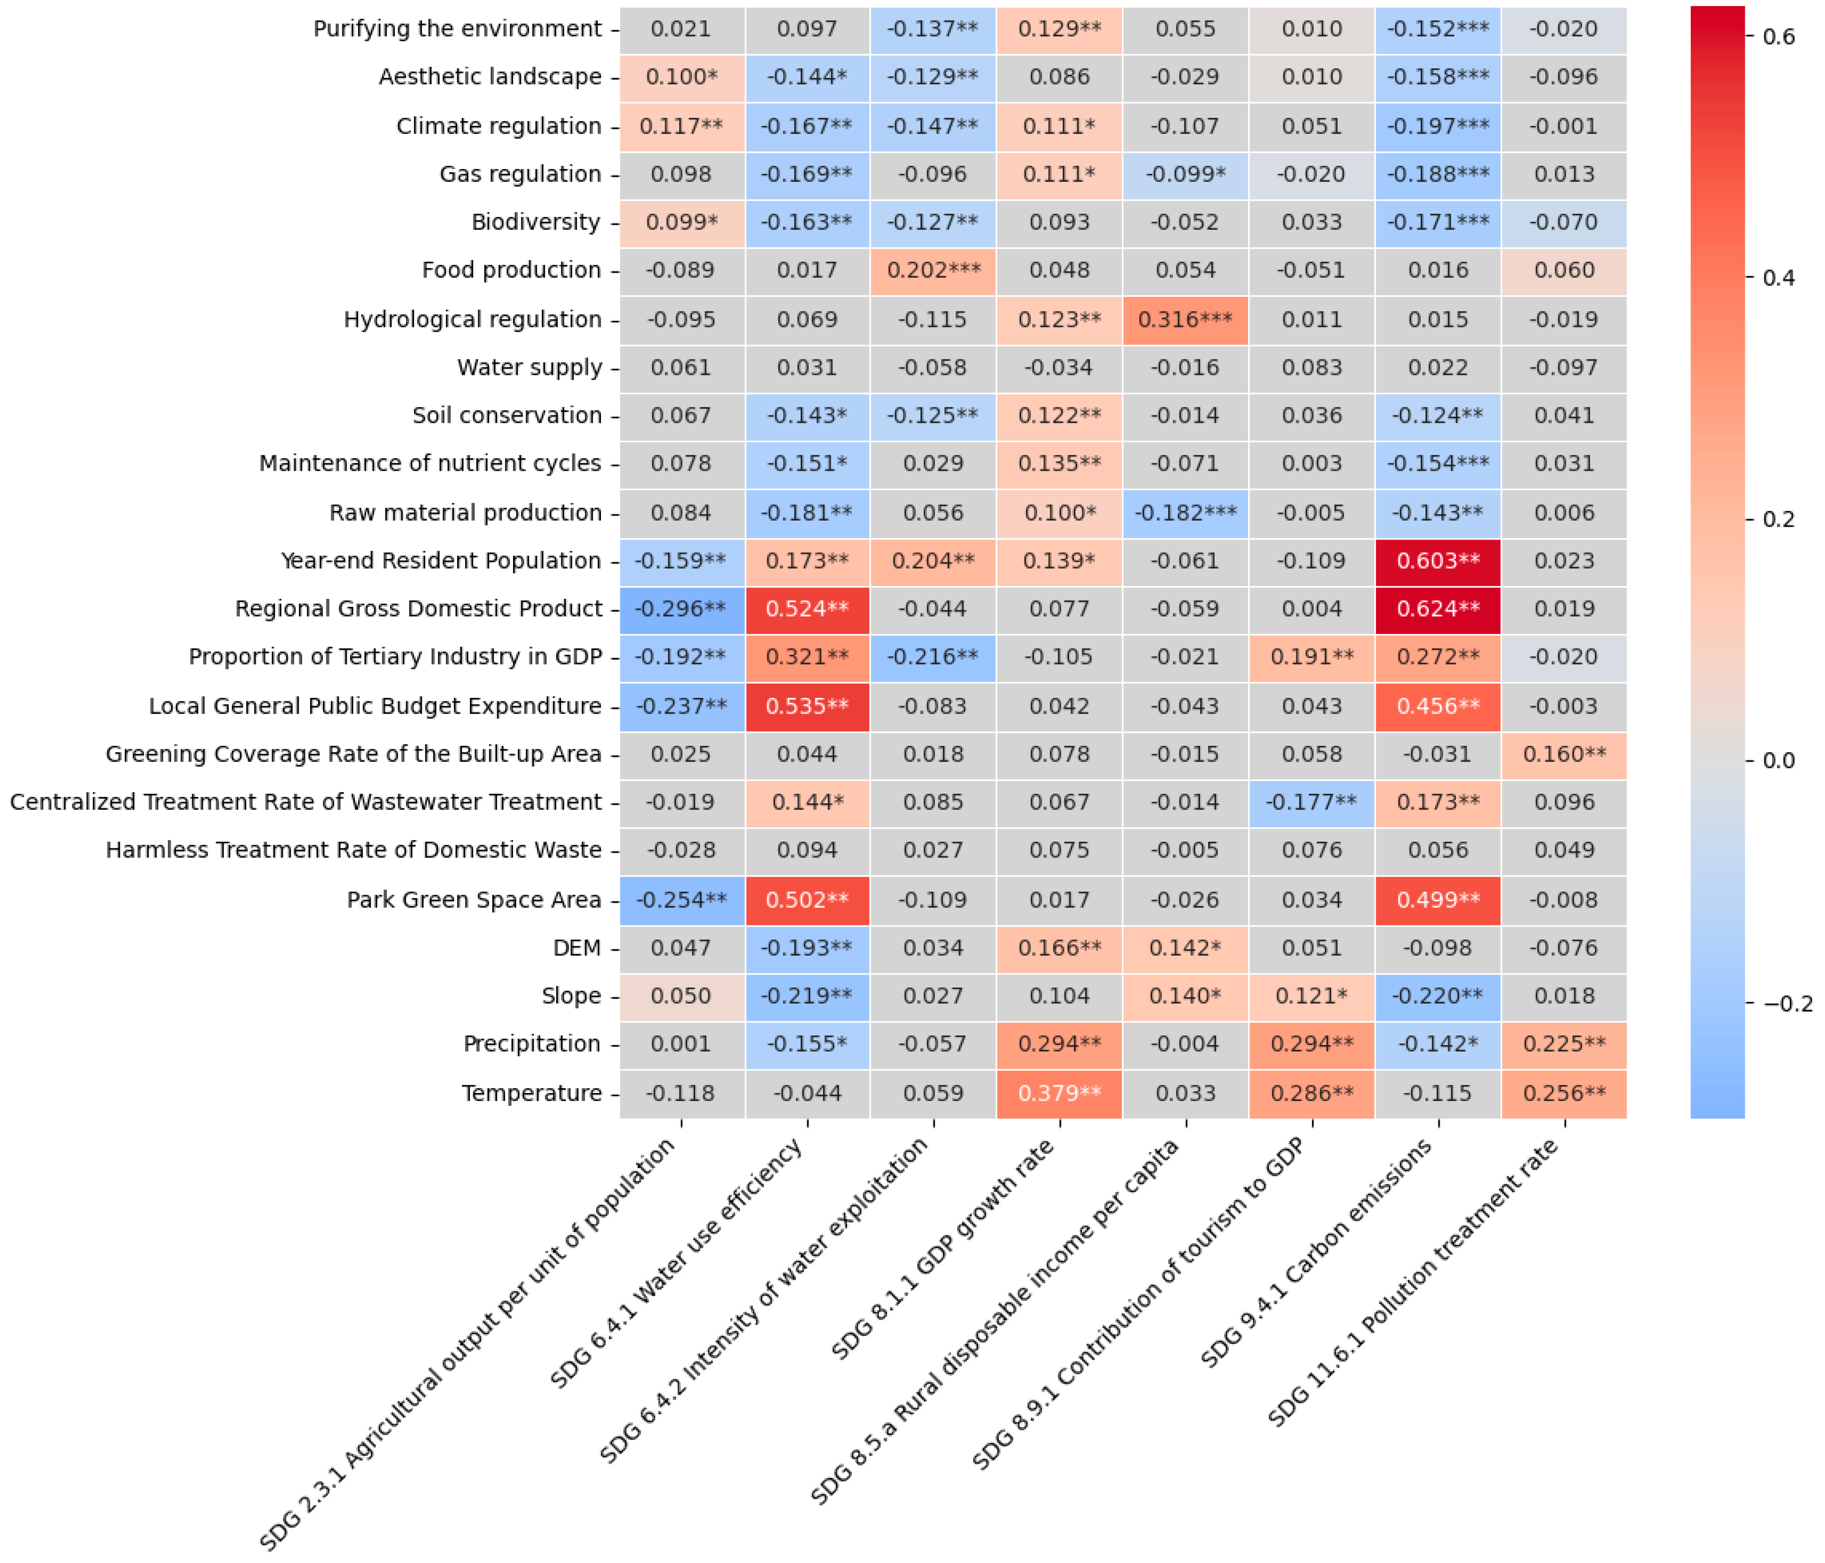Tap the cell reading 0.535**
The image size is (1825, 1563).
pyautogui.click(x=807, y=706)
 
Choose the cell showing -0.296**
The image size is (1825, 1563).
pyautogui.click(x=681, y=609)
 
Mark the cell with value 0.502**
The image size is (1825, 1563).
pyautogui.click(x=807, y=899)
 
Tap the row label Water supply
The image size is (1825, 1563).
pyautogui.click(x=529, y=367)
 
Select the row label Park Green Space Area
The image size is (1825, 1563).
pyautogui.click(x=474, y=899)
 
